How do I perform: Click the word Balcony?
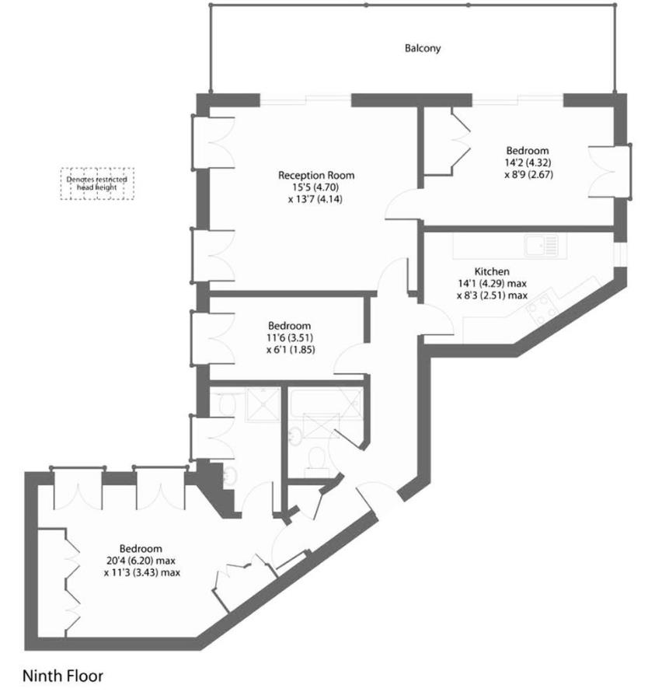[x=423, y=48]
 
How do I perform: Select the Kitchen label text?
[x=492, y=271]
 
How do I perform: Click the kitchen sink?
[x=541, y=246]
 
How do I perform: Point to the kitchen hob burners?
[x=542, y=309]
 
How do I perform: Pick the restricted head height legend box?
[x=97, y=184]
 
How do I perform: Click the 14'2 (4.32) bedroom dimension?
[x=528, y=163]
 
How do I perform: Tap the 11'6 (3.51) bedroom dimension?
[x=289, y=338]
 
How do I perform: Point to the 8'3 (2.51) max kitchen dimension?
[x=492, y=295]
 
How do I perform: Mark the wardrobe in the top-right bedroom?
[x=445, y=139]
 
